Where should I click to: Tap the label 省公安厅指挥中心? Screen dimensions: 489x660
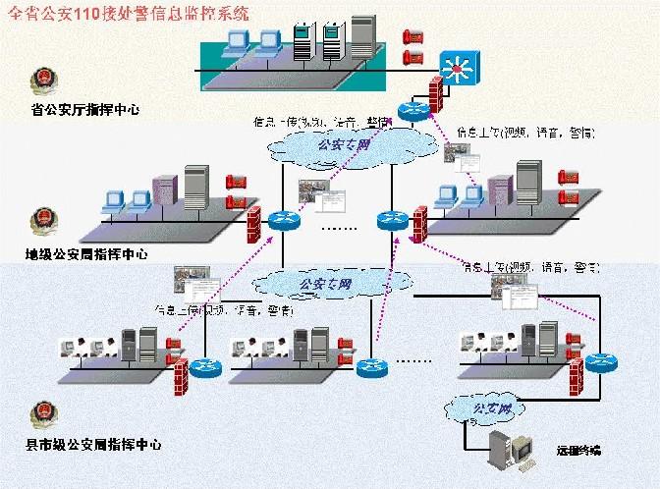86,110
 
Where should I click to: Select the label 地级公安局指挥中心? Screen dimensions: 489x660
86,253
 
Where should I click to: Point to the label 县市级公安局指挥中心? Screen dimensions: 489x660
93,445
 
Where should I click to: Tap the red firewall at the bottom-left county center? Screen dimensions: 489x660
180,374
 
